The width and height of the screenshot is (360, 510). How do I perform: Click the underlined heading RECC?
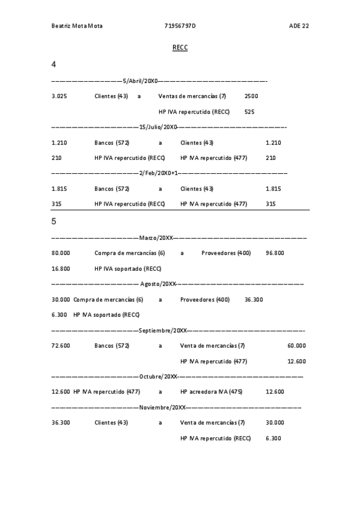tap(180, 48)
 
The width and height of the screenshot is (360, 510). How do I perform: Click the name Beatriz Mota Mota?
tap(77, 26)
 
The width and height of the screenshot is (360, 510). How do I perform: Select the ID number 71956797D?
tap(180, 26)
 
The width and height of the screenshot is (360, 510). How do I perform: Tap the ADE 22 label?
tap(299, 26)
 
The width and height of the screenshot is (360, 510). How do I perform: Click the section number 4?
tap(54, 64)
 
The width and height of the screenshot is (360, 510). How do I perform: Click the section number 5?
tap(54, 221)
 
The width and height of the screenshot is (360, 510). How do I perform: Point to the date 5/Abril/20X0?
tap(140, 81)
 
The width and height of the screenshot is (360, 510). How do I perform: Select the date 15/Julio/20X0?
tap(158, 127)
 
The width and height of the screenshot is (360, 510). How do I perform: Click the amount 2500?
tap(252, 96)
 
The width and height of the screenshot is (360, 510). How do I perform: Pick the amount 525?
tap(249, 112)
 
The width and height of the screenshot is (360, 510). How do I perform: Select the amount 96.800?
tap(275, 253)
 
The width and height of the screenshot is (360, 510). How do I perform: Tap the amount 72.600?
tap(61, 346)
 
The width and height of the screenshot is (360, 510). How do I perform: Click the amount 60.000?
tap(296, 346)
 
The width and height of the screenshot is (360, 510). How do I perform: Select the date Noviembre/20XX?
tap(162, 407)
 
